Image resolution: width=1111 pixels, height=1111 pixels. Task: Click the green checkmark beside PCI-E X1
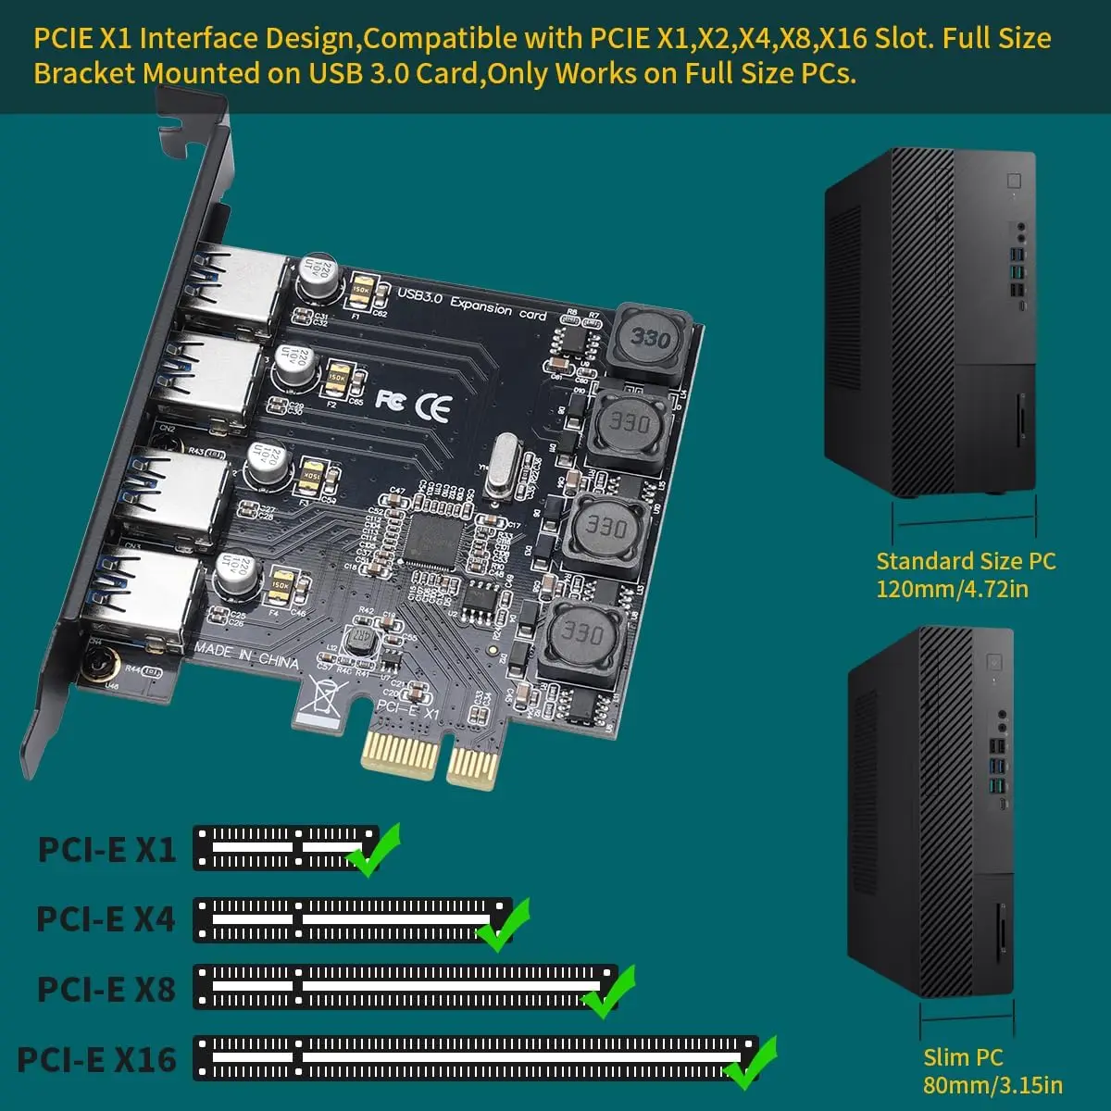pos(373,849)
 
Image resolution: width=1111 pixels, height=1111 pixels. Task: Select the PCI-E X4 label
pos(106,919)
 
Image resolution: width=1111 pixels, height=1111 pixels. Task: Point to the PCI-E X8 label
pos(106,989)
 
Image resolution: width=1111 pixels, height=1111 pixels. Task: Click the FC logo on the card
pos(391,399)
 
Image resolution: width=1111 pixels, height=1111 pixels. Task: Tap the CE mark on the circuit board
pos(433,407)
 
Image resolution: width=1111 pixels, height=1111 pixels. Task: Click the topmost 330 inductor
pos(650,340)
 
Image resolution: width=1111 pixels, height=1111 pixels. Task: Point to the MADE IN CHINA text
pos(246,655)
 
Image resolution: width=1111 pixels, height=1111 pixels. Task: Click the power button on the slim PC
pos(994,663)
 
